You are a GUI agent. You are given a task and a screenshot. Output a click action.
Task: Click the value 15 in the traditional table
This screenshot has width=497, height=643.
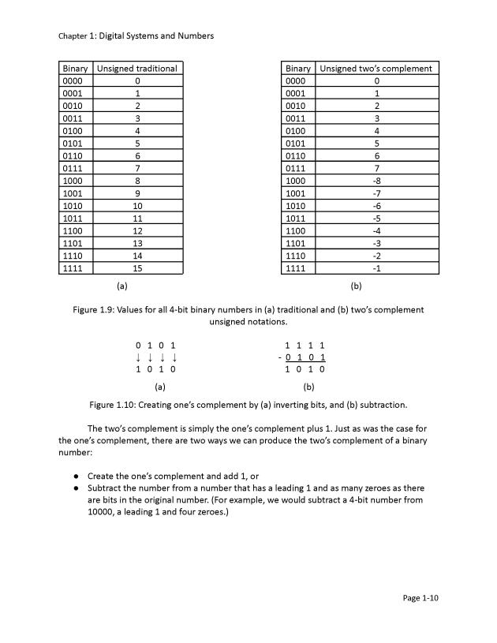[x=137, y=268]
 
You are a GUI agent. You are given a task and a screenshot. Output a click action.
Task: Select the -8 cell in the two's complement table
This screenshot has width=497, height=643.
[x=376, y=180]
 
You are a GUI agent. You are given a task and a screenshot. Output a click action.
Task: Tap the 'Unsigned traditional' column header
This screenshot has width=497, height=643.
[x=137, y=68]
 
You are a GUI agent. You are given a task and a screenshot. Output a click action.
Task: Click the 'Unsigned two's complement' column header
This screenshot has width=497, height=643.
[x=376, y=68]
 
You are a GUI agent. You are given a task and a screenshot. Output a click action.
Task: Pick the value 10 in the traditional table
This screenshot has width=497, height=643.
[x=137, y=205]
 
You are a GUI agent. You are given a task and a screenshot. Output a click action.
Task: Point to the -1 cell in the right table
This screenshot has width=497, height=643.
[x=376, y=268]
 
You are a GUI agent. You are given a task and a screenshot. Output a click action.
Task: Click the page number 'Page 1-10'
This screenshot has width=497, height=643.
[x=420, y=598]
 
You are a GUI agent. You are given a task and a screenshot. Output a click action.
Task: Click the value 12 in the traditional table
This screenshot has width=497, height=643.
[x=137, y=230]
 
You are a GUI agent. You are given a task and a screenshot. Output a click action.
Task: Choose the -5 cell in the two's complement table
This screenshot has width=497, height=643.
[x=376, y=218]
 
